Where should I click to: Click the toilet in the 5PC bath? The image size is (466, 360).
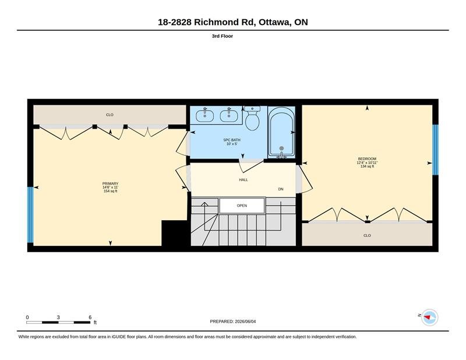252,118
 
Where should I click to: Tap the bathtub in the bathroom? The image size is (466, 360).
281,132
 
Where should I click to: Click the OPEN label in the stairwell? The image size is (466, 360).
242,206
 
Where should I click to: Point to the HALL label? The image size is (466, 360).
243,180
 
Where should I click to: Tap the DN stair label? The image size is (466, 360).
281,189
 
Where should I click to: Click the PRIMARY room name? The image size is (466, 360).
110,183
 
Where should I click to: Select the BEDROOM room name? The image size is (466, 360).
367,159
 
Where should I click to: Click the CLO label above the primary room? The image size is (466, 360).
110,115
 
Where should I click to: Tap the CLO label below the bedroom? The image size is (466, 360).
367,235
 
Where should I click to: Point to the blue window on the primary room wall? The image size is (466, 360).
30,214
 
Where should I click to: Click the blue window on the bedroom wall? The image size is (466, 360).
435,150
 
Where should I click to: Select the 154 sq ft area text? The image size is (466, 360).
110,191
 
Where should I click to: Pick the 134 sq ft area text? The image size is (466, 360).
367,166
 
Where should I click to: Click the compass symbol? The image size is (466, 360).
429,317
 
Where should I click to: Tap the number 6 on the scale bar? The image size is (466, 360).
90,317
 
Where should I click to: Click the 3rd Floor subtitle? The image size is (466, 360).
223,36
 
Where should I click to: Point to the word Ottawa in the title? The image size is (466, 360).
274,22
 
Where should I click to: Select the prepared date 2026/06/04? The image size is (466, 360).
245,322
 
